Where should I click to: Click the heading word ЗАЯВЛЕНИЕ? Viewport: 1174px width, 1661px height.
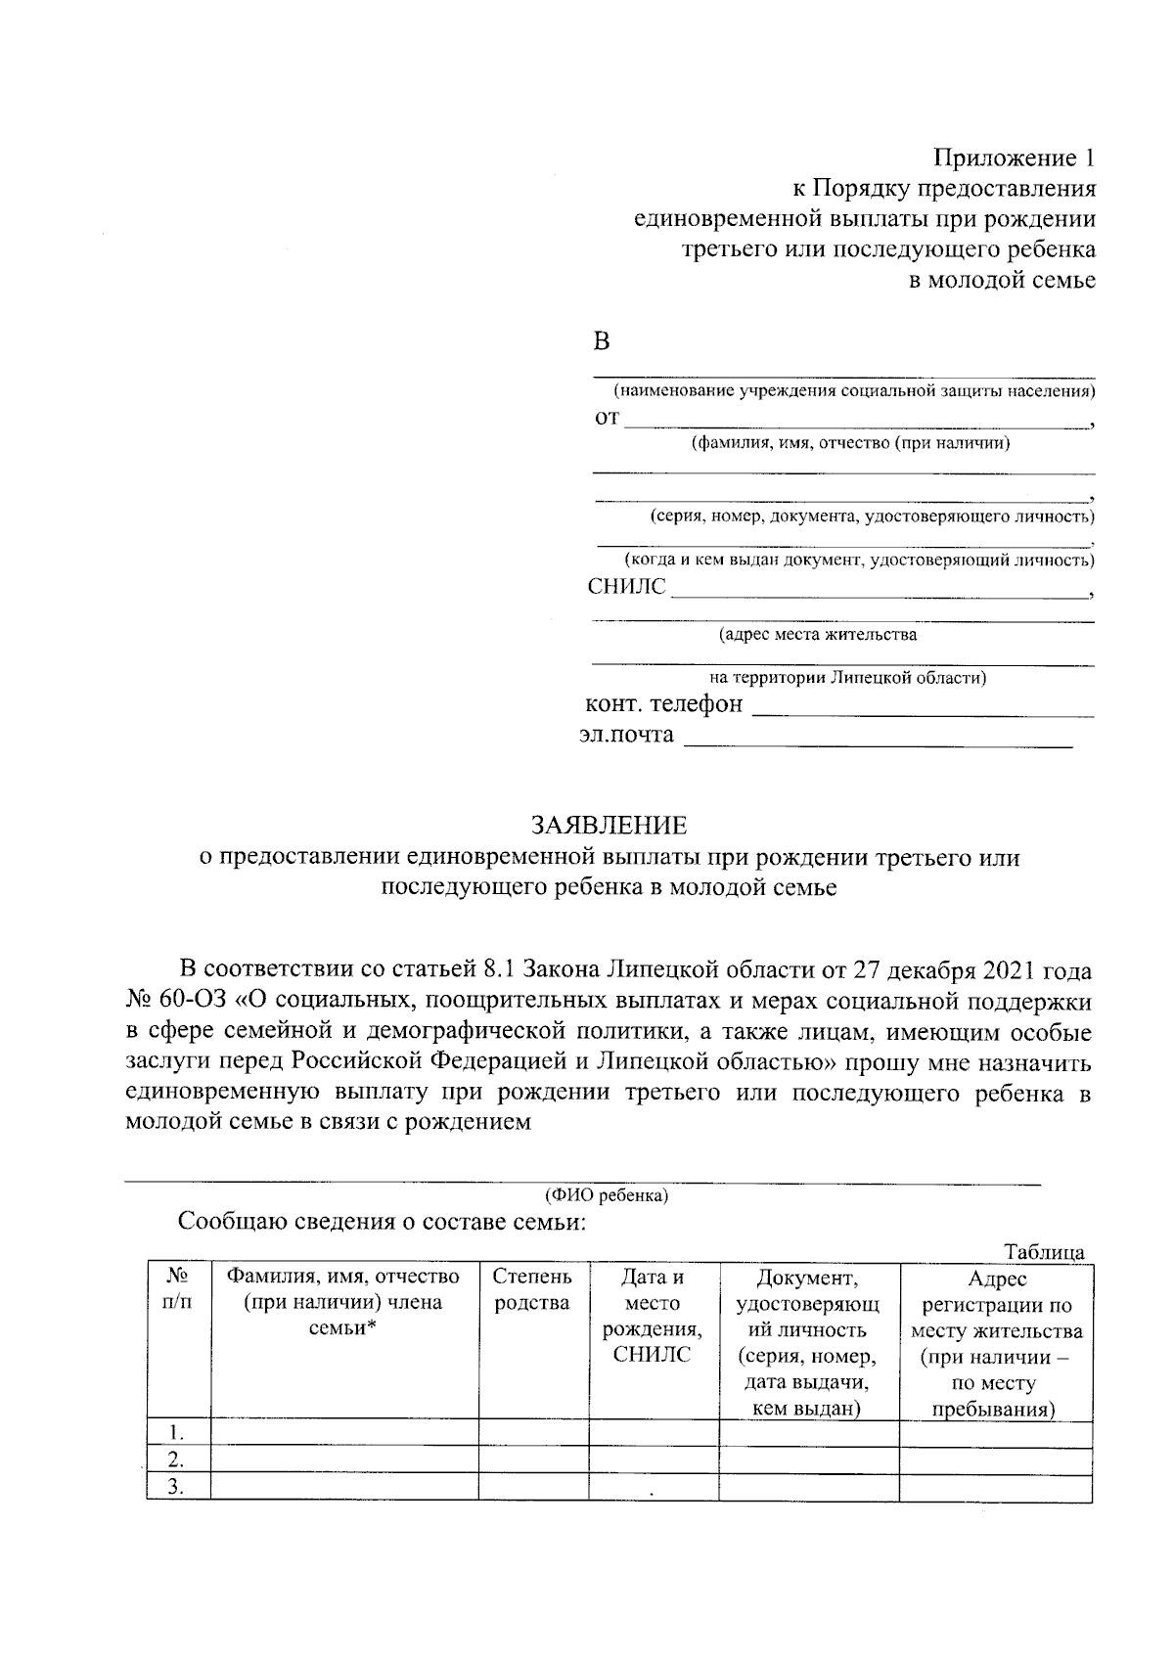click(x=610, y=826)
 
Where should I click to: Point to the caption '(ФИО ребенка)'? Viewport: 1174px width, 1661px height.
click(x=607, y=1195)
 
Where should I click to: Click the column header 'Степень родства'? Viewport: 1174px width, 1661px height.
click(x=532, y=1290)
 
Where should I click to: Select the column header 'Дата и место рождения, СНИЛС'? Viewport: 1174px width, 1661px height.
click(x=653, y=1316)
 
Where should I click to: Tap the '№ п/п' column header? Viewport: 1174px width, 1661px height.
click(x=177, y=1290)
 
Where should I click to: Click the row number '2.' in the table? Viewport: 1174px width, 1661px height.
click(x=176, y=1460)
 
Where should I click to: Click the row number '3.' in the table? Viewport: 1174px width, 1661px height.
click(x=176, y=1487)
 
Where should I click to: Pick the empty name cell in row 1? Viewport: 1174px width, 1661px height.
click(x=344, y=1433)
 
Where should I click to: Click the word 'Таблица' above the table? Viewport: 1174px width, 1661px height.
click(x=1044, y=1252)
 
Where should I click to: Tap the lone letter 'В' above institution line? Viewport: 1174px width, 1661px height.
click(x=602, y=341)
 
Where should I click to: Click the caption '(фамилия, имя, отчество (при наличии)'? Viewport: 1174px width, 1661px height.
click(x=850, y=443)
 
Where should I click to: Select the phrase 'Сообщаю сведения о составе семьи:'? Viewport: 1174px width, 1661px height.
click(x=382, y=1222)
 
